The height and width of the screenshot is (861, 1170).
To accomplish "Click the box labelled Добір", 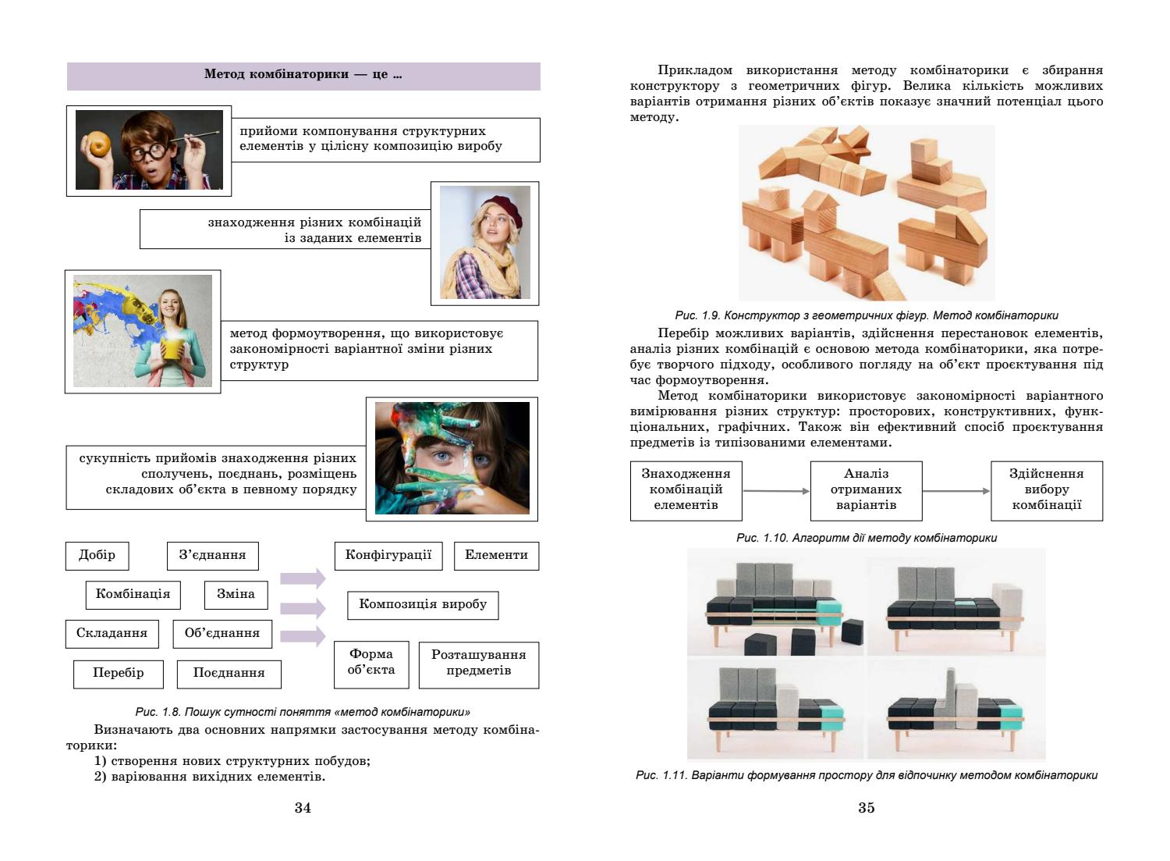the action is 97,555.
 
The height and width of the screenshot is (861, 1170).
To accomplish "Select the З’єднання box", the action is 212,555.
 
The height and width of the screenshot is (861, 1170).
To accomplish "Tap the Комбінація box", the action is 133,594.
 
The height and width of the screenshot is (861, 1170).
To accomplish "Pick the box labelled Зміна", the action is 236,594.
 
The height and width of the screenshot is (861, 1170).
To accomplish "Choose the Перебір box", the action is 118,672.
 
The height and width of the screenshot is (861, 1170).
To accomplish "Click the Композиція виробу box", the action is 422,604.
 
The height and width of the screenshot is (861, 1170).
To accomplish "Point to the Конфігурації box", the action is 388,555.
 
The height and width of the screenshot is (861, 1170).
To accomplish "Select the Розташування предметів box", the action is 478,663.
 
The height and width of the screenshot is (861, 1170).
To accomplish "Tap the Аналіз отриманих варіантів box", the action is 866,489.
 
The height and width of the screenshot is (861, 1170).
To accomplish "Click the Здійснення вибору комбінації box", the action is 1046,489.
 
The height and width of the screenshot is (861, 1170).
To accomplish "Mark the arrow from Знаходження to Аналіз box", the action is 776,491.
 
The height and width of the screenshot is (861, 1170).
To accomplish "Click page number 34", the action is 303,808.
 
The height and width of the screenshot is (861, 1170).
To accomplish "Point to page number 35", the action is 866,808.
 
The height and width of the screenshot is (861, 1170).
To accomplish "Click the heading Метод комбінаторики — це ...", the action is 303,76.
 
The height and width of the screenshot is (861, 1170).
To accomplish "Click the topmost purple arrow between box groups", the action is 303,578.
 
